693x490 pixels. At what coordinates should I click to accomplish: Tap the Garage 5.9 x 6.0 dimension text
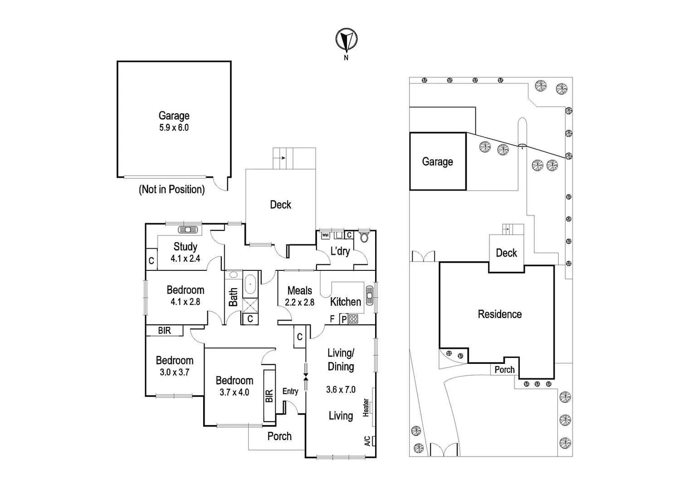pos(174,128)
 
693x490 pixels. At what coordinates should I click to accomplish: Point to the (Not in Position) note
pos(171,190)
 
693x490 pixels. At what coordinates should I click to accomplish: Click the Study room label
pos(185,247)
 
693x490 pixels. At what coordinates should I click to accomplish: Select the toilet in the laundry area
pos(363,237)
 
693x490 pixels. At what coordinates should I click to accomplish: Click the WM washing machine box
pos(325,235)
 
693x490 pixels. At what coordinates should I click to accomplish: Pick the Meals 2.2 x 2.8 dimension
pos(299,303)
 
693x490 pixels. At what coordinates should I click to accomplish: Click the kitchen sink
pos(370,295)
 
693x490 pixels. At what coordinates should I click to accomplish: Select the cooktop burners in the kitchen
pos(353,319)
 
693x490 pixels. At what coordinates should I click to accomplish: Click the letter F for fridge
pos(332,319)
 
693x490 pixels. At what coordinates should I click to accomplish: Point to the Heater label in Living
pos(366,407)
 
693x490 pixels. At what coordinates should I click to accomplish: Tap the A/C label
pos(367,441)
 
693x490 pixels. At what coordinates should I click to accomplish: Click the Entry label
pos(290,391)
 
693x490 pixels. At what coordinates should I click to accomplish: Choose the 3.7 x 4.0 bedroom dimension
pos(234,392)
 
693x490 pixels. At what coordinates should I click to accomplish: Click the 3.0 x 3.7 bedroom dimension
pos(175,372)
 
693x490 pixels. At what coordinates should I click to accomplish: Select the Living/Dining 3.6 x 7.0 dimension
pos(341,389)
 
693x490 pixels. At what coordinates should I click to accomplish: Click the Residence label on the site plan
pos(499,314)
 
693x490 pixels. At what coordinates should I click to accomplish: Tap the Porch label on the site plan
pos(504,370)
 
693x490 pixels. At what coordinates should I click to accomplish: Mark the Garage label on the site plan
pos(437,162)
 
